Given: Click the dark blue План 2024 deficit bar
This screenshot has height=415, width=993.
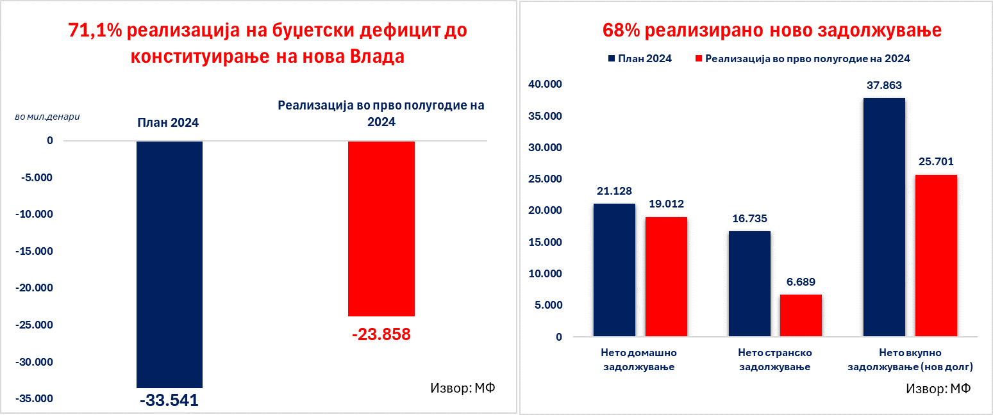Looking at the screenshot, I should tap(169, 264).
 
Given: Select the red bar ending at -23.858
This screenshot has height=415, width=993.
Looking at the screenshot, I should tap(381, 228).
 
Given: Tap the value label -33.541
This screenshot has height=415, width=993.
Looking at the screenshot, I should tap(169, 401).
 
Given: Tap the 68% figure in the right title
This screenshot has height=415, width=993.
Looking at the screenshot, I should tap(620, 30).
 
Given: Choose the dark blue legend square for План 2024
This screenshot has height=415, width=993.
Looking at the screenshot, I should tap(611, 59).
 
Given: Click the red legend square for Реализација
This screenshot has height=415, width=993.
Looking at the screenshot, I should tap(698, 59).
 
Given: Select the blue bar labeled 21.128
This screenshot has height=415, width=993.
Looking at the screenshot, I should tap(614, 270).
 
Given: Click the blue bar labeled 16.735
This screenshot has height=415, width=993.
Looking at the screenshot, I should tap(749, 284).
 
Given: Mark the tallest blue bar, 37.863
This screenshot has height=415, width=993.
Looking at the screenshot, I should tap(885, 217).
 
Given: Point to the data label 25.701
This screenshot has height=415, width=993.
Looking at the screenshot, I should tap(936, 161).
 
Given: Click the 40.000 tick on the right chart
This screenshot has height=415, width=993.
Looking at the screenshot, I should tap(544, 85).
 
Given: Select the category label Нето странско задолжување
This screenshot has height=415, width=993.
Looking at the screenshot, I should tap(775, 360).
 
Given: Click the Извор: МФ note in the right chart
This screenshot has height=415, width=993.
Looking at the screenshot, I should tap(939, 388).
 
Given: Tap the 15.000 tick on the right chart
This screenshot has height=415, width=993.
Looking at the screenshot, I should tap(544, 242).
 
